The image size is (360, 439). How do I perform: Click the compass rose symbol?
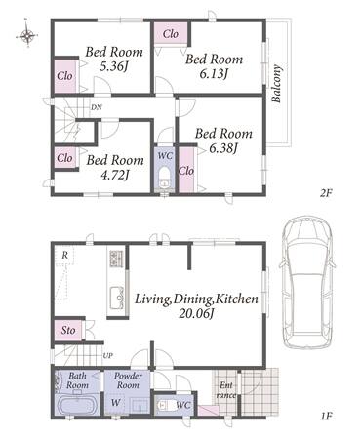coord(27,34)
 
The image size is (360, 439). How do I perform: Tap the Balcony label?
coord(276,84)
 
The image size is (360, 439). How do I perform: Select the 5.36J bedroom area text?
coord(113,67)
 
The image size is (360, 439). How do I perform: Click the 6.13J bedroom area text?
coord(213,74)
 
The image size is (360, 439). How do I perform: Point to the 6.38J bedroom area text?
coord(222,148)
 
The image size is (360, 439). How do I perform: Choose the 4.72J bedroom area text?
coord(113,176)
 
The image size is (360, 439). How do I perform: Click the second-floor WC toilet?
coord(164,179)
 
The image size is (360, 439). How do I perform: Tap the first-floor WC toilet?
coord(165,405)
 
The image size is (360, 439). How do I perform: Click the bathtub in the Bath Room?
coord(77,405)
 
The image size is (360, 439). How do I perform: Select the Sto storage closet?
coord(68,331)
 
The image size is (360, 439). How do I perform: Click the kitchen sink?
coord(116,298)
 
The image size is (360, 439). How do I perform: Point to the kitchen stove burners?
coord(116,259)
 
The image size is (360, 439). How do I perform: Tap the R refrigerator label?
coord(65,256)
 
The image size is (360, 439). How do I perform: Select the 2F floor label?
coord(325,194)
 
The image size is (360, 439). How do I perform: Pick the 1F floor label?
coord(325,416)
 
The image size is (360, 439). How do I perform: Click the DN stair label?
coord(96,107)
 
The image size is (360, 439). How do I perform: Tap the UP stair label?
coord(107,356)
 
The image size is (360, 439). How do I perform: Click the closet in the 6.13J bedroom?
coord(171,33)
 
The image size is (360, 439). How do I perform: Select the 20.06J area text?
coord(196,314)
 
